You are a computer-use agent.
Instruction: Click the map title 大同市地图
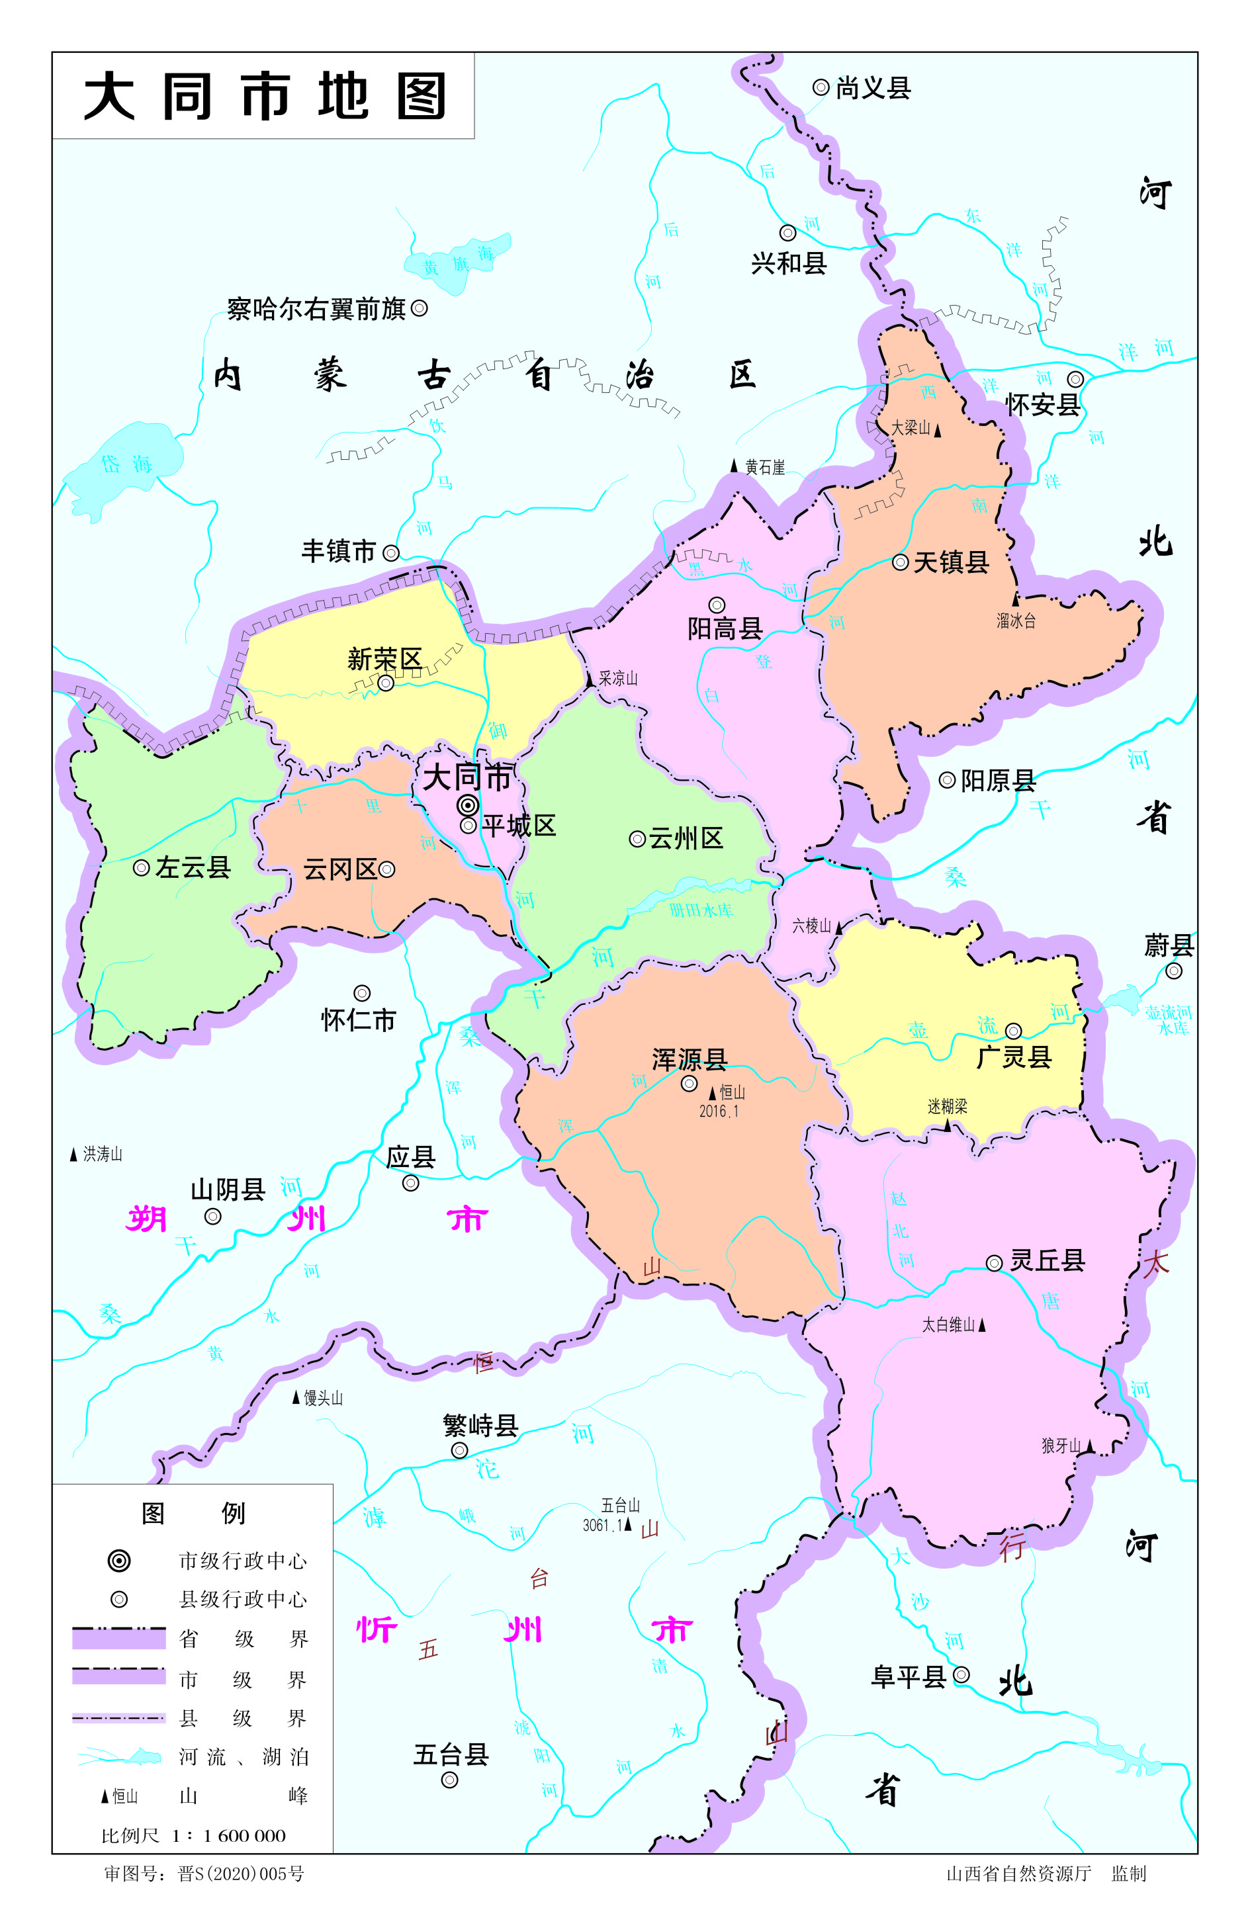264,96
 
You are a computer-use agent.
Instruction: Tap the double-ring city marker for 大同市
468,805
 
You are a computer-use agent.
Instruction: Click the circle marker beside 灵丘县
994,1263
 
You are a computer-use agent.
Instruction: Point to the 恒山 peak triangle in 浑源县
712,1092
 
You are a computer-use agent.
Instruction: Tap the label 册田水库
701,910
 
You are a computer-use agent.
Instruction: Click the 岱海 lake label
126,464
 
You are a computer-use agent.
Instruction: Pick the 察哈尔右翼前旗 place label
316,308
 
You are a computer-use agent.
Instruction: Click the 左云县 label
193,867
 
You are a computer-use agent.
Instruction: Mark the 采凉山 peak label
617,678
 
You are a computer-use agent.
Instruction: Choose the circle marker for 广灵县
1013,1031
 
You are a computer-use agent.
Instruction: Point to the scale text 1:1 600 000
228,1835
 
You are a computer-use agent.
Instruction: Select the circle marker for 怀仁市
362,993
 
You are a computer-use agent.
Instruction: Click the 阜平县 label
908,1677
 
